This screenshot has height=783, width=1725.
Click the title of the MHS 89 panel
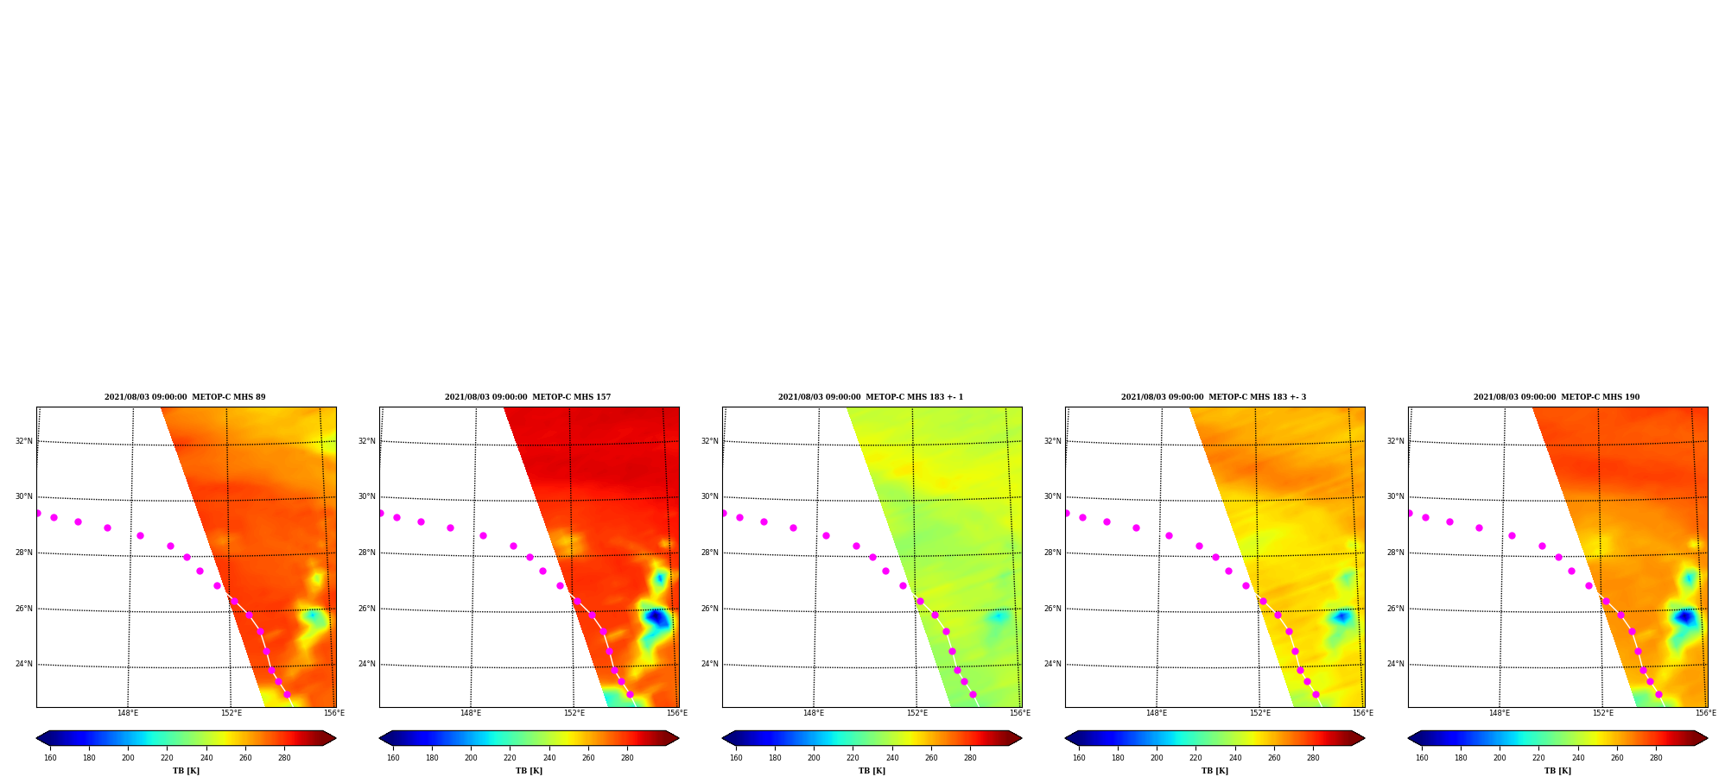point(185,397)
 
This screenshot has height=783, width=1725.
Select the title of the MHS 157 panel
point(528,397)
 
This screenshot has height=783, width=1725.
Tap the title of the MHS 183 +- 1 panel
point(871,397)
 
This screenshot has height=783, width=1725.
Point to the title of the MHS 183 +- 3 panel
point(1214,397)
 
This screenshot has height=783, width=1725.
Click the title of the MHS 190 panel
point(1557,397)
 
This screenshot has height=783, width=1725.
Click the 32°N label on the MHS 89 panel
point(23,441)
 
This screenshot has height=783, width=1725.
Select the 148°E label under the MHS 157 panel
point(471,713)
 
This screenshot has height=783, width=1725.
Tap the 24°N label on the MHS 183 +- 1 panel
point(709,664)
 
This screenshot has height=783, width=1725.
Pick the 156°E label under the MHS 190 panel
point(1706,713)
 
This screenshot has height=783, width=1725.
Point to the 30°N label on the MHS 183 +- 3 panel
point(1052,496)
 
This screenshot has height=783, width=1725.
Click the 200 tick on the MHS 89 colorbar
point(128,758)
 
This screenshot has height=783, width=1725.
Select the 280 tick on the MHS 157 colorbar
point(627,758)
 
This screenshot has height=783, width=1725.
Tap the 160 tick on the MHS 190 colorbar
point(1422,758)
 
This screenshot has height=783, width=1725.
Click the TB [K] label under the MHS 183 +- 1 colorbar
point(872,771)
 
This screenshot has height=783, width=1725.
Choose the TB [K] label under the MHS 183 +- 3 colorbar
point(1214,771)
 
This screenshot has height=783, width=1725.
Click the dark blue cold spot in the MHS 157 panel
point(656,618)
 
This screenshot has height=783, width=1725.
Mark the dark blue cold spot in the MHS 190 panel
point(1684,617)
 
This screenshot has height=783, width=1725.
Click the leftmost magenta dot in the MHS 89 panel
point(37,513)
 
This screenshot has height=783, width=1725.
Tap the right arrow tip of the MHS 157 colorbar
point(678,738)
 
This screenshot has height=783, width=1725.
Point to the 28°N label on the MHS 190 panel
point(1395,553)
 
